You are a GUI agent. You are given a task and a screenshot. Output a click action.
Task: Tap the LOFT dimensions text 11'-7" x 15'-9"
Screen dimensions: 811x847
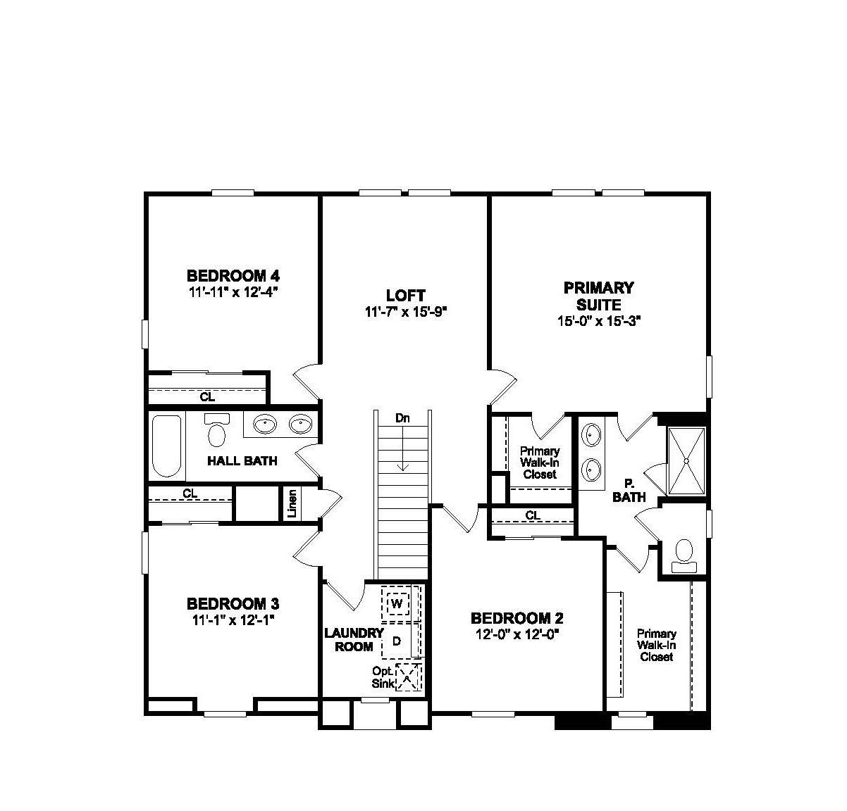click(x=407, y=312)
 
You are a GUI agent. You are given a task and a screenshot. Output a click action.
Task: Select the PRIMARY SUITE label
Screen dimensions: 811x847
click(x=598, y=296)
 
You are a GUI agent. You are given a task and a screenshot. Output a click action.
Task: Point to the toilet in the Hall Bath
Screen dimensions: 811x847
click(x=216, y=431)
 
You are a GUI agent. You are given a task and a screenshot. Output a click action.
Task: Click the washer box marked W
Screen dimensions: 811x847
click(x=397, y=603)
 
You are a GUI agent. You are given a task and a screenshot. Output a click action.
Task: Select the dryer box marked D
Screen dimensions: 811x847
click(x=397, y=641)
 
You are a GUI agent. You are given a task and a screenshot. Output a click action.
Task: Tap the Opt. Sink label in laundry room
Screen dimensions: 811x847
click(x=382, y=677)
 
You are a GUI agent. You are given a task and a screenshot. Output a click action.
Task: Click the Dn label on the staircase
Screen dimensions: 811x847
click(x=402, y=417)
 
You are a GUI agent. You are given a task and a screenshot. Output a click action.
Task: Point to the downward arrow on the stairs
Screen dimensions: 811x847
click(x=402, y=451)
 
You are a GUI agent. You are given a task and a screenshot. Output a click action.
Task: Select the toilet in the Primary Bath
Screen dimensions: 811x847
click(x=683, y=553)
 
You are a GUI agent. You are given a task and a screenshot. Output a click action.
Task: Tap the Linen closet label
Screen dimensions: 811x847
click(x=292, y=503)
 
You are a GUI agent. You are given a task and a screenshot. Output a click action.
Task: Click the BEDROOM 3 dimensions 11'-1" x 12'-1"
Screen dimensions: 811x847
click(x=232, y=620)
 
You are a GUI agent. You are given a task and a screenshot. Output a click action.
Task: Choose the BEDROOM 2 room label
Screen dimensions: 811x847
click(x=517, y=618)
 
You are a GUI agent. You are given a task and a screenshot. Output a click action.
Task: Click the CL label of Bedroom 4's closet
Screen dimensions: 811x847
click(x=206, y=397)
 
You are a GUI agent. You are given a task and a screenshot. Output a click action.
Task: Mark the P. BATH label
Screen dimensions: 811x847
click(x=629, y=491)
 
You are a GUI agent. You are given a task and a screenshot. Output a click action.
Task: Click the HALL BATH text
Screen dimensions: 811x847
click(x=242, y=461)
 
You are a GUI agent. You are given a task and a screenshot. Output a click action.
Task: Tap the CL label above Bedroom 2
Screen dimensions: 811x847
click(x=533, y=515)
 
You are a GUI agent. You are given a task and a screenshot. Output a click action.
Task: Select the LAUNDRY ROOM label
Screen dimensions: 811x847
click(x=354, y=639)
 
